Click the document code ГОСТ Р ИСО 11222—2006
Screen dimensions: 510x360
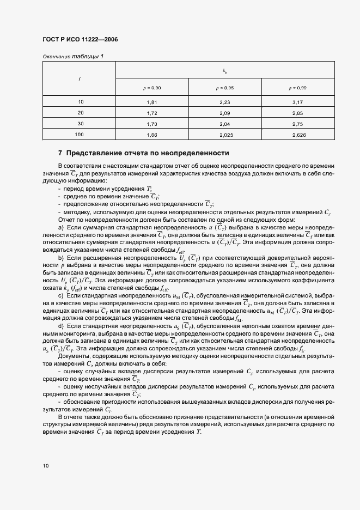(80, 40)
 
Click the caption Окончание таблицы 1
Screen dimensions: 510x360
(72, 57)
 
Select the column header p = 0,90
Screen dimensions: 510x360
(152, 88)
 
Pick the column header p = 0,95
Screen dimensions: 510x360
(225, 88)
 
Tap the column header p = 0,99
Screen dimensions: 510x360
(298, 88)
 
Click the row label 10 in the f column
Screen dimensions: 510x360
(81, 102)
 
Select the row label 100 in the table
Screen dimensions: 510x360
(80, 134)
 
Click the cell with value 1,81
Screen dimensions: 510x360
(152, 102)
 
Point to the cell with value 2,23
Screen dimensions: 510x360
(225, 102)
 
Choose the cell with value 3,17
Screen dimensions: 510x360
(298, 102)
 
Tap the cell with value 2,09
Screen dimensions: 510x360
(225, 113)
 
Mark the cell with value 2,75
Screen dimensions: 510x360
(298, 124)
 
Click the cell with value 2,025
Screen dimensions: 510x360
(225, 134)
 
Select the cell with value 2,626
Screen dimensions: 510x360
(298, 134)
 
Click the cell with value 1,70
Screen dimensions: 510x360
(152, 124)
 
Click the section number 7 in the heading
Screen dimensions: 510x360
(60, 153)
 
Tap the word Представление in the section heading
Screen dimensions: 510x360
(96, 153)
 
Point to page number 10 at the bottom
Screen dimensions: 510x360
(46, 466)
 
